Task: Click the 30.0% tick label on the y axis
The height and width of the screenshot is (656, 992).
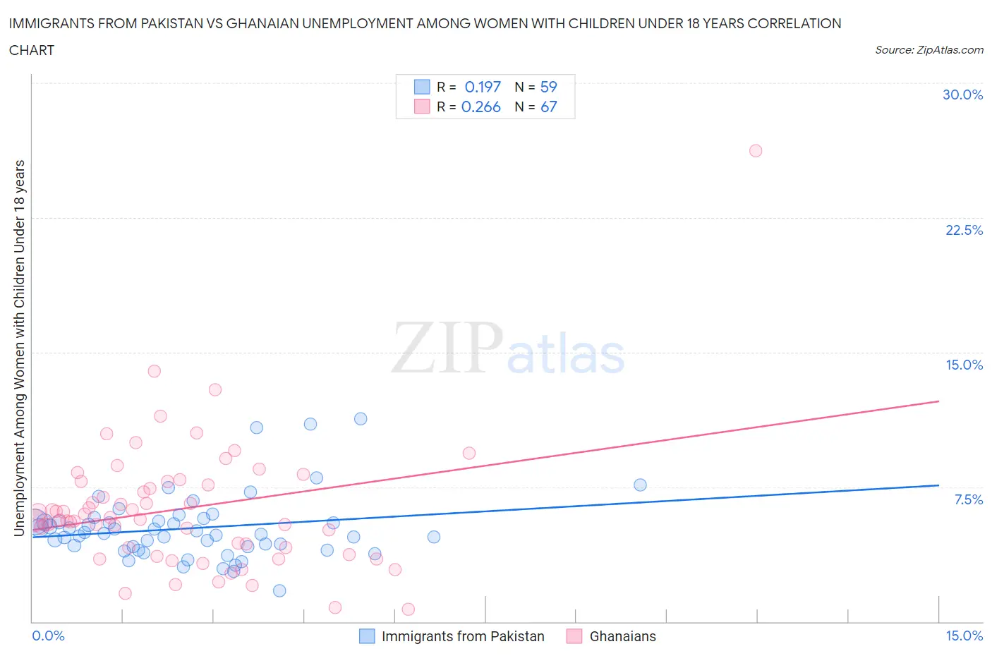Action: click(x=962, y=95)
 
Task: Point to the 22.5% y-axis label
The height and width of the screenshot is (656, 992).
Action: click(x=964, y=230)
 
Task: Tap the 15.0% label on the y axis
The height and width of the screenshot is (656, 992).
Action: click(x=964, y=365)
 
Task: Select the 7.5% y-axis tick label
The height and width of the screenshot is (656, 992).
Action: click(x=968, y=499)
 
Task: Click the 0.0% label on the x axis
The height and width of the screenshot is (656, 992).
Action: click(x=48, y=636)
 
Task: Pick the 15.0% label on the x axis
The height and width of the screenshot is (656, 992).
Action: click(x=964, y=636)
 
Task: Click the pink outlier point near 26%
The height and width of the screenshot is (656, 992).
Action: click(x=756, y=150)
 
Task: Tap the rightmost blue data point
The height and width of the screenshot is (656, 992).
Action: click(x=640, y=485)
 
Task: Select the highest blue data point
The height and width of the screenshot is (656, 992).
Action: click(x=361, y=418)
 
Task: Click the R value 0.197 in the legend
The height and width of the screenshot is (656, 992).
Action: click(x=483, y=87)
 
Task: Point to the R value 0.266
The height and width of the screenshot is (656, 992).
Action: click(x=480, y=107)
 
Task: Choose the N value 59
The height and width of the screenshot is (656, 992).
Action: click(x=548, y=87)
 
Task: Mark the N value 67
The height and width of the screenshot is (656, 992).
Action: click(x=548, y=107)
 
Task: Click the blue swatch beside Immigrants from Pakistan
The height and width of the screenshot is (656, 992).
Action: click(x=367, y=636)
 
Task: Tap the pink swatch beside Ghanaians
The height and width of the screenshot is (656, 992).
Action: click(x=574, y=636)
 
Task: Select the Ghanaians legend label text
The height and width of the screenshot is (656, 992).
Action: click(x=622, y=636)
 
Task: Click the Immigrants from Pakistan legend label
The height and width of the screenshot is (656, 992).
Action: click(x=463, y=636)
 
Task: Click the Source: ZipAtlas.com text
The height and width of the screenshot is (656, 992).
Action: click(x=929, y=49)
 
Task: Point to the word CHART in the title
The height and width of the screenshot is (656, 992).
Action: click(x=32, y=50)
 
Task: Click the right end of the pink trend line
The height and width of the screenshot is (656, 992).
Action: click(x=938, y=401)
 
